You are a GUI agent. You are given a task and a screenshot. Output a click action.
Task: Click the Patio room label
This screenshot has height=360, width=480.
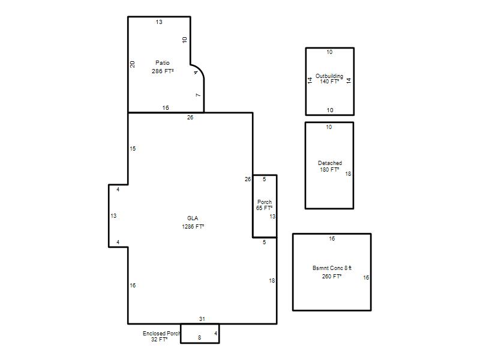click(162, 63)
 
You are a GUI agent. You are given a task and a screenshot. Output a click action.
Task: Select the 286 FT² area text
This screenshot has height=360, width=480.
click(163, 71)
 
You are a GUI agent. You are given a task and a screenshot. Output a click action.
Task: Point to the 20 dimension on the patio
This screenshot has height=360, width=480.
click(132, 64)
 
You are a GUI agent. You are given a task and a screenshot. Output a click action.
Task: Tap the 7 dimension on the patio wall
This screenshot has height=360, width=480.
click(198, 95)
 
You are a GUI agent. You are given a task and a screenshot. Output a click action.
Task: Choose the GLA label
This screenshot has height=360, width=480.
click(193, 218)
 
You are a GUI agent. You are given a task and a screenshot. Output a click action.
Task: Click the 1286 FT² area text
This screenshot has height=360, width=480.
click(193, 227)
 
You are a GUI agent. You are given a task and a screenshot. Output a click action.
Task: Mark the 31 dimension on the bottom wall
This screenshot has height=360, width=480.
click(202, 319)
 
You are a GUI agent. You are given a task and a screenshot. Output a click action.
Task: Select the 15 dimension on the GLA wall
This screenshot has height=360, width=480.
click(133, 148)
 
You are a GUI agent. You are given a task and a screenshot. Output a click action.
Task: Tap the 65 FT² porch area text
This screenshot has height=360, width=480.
click(264, 208)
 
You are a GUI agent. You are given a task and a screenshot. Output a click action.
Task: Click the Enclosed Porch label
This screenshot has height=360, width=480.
click(161, 334)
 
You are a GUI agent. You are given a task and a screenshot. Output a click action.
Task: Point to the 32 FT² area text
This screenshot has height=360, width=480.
click(159, 339)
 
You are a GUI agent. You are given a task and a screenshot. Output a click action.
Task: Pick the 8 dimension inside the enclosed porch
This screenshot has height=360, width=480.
click(199, 338)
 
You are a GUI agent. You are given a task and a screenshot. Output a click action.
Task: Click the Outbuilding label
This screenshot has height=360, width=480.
click(329, 76)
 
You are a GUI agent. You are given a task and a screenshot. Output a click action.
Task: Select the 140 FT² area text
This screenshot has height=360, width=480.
click(329, 82)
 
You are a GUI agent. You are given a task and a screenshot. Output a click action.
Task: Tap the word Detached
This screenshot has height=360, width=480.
click(330, 163)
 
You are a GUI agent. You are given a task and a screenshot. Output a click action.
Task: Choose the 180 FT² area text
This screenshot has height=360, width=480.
click(329, 170)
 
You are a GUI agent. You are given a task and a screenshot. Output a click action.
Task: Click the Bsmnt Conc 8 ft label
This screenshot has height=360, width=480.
click(332, 268)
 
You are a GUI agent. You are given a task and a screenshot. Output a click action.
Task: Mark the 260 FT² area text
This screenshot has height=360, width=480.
click(332, 276)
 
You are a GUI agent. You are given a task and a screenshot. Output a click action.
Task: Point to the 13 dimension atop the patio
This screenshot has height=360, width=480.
click(159, 22)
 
